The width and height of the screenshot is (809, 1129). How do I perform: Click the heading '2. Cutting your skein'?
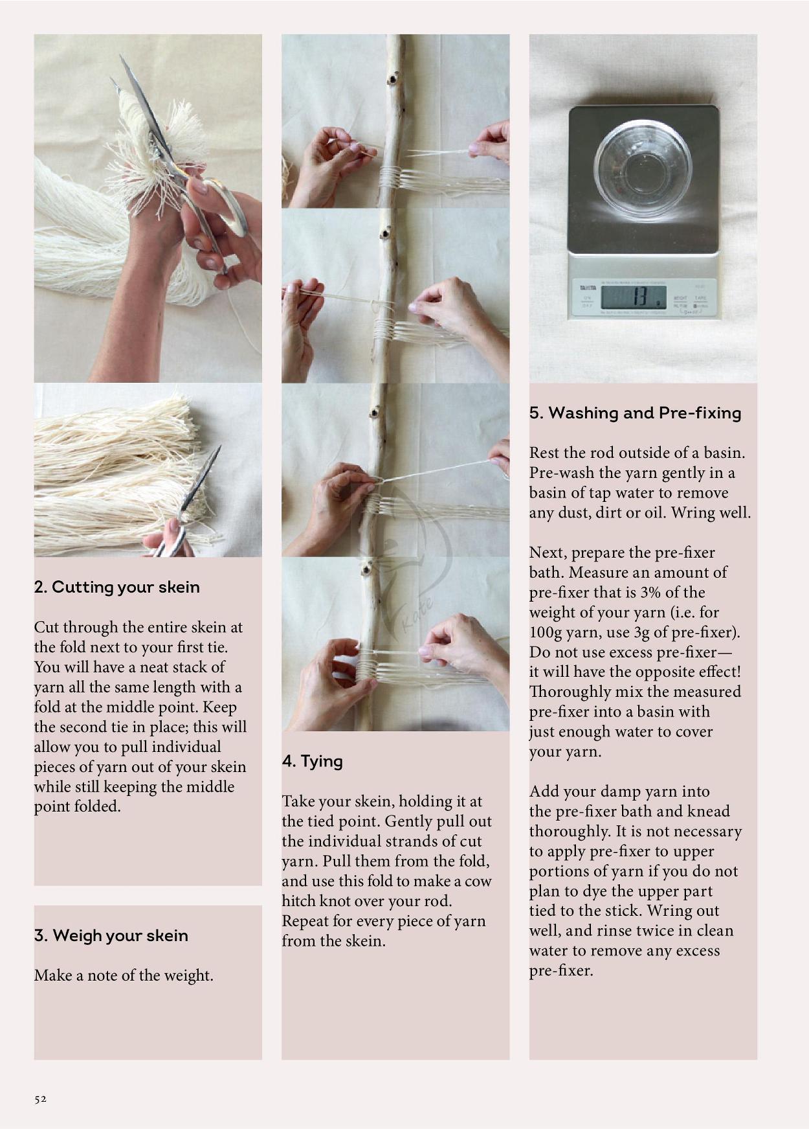[x=116, y=587]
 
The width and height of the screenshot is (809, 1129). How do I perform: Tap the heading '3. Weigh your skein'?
[x=111, y=935]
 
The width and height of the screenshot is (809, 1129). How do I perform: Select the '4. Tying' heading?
[x=312, y=761]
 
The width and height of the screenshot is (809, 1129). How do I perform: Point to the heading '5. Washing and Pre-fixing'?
[x=635, y=413]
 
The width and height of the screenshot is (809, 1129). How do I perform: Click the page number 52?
[x=40, y=1099]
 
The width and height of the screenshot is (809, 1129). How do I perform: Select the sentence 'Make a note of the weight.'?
[x=124, y=975]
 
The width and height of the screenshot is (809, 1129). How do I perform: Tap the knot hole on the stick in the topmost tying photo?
[x=392, y=80]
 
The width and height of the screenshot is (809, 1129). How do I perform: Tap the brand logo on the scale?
[x=587, y=287]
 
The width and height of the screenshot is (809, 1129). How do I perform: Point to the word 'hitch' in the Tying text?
[x=299, y=902]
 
